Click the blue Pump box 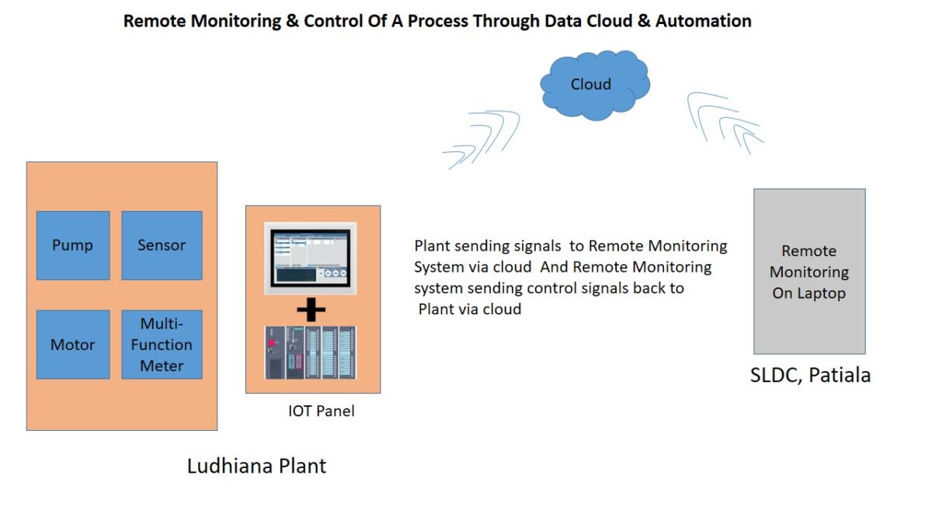(x=73, y=245)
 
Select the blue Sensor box (x=162, y=245)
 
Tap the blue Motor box (x=73, y=345)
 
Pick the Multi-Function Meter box (x=162, y=345)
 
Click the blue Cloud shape (x=593, y=85)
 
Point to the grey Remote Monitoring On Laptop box (x=809, y=272)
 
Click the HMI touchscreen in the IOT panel (x=311, y=259)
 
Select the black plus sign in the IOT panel (x=311, y=311)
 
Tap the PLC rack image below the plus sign (x=311, y=352)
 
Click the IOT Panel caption (x=321, y=411)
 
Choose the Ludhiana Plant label (x=257, y=466)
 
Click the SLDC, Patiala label (x=810, y=376)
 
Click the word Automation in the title (x=703, y=21)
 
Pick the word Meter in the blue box (x=162, y=366)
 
